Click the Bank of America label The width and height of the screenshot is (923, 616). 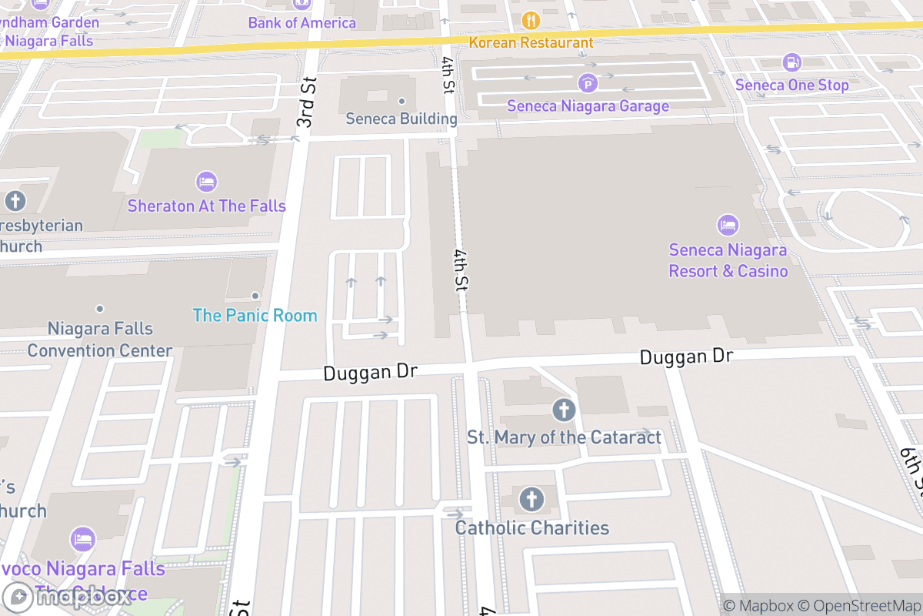tap(302, 22)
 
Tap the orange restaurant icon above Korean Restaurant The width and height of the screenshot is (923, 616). tap(531, 20)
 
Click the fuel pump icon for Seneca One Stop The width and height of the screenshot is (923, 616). tap(791, 62)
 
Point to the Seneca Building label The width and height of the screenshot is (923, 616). tap(401, 119)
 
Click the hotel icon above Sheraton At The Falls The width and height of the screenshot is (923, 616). tap(206, 182)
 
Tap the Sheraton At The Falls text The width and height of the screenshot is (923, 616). tap(206, 206)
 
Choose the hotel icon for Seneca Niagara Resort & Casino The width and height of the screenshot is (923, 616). tap(728, 226)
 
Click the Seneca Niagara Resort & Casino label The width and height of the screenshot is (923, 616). tap(728, 260)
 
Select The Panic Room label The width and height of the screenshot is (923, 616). tap(255, 315)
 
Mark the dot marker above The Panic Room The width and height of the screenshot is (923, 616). tap(255, 296)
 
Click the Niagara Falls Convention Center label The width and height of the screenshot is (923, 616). tap(100, 340)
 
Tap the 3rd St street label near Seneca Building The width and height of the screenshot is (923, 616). tap(307, 102)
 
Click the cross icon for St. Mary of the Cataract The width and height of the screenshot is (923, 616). tap(564, 410)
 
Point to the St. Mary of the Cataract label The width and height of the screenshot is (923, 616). tap(564, 437)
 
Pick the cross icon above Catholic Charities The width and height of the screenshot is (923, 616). tap(531, 500)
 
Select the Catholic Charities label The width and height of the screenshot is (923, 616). tap(531, 527)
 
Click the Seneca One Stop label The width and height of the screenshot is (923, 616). tap(791, 85)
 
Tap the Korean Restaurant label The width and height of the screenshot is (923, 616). tap(531, 42)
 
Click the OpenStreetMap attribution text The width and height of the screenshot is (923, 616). tap(858, 605)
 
